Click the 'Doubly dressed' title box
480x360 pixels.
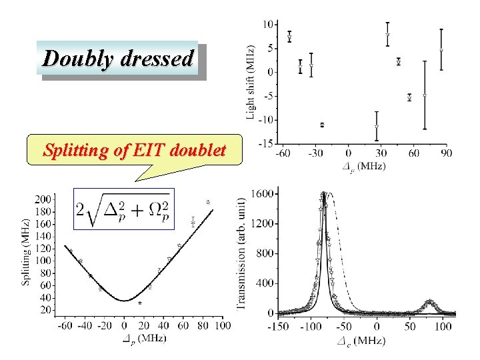[x=119, y=59]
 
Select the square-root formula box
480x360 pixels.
[x=114, y=208]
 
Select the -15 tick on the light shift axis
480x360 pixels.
[x=265, y=143]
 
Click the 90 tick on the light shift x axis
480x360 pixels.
[x=446, y=154]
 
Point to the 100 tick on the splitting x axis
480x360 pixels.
[x=223, y=325]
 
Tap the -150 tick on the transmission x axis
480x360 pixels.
[x=279, y=327]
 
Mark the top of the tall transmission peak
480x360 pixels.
[x=323, y=194]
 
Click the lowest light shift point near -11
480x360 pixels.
[x=322, y=125]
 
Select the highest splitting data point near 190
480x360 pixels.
[x=207, y=201]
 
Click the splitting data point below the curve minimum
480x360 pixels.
[x=140, y=303]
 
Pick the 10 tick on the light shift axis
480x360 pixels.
[x=267, y=24]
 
